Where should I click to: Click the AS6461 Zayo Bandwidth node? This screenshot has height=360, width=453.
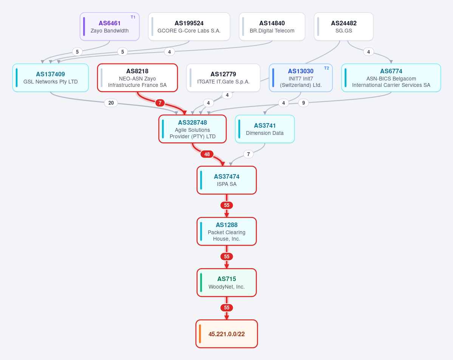coord(110,26)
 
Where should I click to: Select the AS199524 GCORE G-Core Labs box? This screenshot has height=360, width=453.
coord(189,26)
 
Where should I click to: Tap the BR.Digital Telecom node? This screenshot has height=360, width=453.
coord(272,26)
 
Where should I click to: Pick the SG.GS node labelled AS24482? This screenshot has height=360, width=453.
coord(343,26)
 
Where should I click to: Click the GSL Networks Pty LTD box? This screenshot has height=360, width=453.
coord(51,78)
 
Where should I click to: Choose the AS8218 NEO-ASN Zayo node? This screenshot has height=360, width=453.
coord(137,78)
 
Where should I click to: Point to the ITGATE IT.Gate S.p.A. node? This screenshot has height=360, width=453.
coord(223,78)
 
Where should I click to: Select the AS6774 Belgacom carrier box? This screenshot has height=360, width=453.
coord(391,78)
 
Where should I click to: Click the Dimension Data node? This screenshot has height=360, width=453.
coord(264,129)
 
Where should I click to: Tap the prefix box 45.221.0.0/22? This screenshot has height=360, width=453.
coord(227,334)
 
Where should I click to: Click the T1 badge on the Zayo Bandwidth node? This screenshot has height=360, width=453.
coord(133,17)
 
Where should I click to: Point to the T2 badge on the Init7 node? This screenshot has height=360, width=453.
coord(326,68)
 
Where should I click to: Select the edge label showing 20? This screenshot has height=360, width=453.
coord(111,103)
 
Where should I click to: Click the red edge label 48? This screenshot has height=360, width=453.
coord(207,154)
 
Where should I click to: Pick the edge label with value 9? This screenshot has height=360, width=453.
coord(303,103)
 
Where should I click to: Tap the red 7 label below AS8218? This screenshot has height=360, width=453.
coord(160,103)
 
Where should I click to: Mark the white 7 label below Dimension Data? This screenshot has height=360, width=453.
coord(248,154)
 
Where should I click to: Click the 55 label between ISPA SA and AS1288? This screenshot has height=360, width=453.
coord(227,205)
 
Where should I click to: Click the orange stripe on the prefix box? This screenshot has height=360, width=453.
coord(200,334)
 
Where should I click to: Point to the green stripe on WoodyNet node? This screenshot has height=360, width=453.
coord(201,283)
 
